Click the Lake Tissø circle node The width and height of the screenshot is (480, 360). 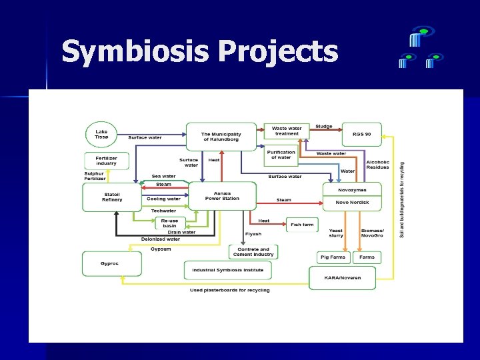tap(101, 135)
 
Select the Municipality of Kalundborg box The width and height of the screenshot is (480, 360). tap(221, 137)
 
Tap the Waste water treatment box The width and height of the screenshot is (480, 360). tap(287, 131)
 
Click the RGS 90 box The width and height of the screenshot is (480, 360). tap(361, 134)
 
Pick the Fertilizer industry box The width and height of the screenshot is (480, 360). tap(106, 161)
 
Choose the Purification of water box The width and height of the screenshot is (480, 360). tap(281, 155)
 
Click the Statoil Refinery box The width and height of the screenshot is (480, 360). tap(112, 197)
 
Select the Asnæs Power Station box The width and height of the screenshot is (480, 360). tap(222, 196)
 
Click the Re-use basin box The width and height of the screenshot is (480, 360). tap(169, 223)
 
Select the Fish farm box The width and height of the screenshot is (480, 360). tap(302, 225)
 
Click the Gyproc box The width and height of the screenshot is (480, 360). tap(111, 263)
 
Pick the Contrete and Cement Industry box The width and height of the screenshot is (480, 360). tap(253, 252)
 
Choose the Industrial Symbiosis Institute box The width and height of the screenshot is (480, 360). tap(227, 270)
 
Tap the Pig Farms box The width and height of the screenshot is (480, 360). tap(333, 257)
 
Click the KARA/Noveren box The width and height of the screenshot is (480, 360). tap(342, 277)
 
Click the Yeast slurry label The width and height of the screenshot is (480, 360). tap(336, 233)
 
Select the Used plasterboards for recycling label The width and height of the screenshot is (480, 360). tap(230, 290)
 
